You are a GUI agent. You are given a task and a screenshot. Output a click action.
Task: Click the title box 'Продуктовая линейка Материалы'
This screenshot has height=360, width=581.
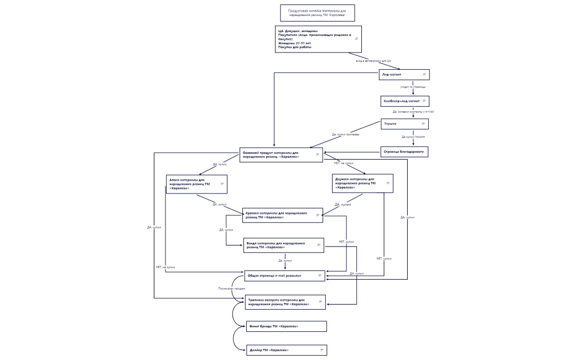point(317,13)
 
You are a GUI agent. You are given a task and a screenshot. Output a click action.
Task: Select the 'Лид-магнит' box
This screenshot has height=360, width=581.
point(404,74)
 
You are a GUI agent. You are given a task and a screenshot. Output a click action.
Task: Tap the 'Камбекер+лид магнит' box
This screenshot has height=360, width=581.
point(404,101)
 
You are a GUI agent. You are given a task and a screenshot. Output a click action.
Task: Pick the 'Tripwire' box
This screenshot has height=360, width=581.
point(404,124)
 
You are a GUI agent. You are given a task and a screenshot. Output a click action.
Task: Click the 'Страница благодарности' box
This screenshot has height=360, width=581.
point(404,152)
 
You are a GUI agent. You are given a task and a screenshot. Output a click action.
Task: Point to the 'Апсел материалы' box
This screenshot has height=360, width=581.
point(196,184)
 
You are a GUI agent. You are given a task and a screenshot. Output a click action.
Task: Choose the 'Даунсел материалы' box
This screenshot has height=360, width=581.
point(362,183)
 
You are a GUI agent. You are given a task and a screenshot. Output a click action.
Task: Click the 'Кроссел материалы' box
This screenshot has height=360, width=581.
point(282,215)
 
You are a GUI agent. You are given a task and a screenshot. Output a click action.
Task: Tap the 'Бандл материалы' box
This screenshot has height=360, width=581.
point(283,245)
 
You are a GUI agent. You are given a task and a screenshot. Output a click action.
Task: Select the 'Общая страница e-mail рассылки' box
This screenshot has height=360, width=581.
point(284,275)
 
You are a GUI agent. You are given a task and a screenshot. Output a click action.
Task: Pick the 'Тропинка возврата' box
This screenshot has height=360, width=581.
point(285,302)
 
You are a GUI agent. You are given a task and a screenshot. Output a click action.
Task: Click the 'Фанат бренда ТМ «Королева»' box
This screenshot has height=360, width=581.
point(286,326)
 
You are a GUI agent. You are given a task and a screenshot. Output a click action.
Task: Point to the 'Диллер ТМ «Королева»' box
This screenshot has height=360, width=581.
point(286,350)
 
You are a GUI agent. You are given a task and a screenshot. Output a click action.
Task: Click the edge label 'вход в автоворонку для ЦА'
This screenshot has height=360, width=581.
point(373,61)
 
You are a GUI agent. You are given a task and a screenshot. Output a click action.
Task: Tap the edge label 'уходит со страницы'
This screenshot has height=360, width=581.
point(413,87)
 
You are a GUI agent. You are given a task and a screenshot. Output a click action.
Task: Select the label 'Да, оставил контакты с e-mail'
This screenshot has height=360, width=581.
point(413,112)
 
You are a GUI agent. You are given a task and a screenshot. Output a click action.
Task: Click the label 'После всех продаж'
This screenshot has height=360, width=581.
point(231,289)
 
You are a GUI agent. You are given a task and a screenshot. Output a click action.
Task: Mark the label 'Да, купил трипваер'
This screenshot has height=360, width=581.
point(345,134)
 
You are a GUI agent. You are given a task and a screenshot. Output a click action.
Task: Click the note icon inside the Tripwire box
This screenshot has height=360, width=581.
point(423,124)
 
